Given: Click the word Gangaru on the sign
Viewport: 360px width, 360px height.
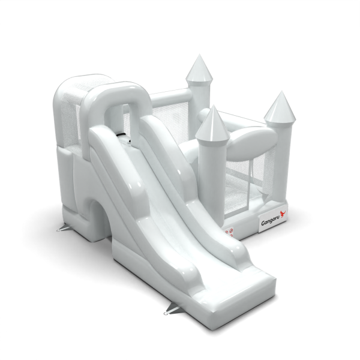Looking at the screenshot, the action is click(x=269, y=222).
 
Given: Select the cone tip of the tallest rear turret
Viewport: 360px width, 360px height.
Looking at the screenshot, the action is click(x=200, y=55).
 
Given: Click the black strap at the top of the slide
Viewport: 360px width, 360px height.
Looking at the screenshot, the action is click(x=122, y=135).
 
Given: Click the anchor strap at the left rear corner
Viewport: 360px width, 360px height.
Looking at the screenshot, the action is click(x=62, y=228).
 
